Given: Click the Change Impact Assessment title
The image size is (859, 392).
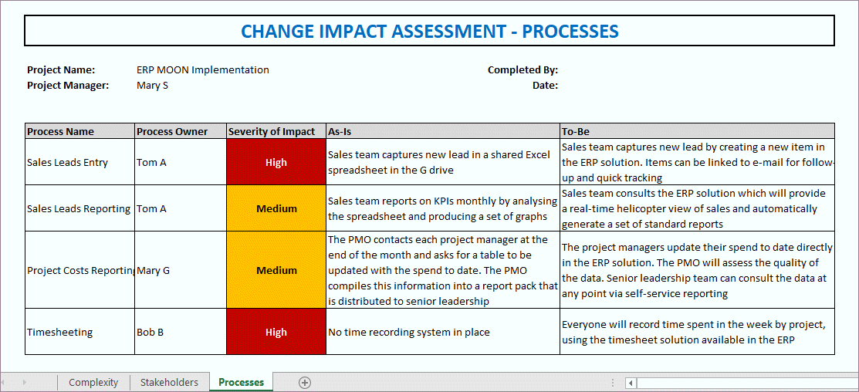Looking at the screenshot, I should pos(429,31).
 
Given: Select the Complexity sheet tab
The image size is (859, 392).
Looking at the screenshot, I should pos(93,382).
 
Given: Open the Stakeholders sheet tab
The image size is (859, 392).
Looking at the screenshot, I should pos(169,382).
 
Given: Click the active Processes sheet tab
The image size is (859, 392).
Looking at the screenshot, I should pos(241,382).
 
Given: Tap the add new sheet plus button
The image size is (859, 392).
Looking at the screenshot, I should pos(305,382).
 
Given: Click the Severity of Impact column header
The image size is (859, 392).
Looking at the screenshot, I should pos(272,131).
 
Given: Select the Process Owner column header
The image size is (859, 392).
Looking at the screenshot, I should pos(172,131).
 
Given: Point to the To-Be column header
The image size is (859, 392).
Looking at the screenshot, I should pos(576,131).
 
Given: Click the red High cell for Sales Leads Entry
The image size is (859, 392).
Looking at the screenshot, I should pos(276,163).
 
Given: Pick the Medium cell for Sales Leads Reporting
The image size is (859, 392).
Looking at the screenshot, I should pos(276,208).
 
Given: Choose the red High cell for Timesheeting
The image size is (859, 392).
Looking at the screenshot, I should pos(276,333).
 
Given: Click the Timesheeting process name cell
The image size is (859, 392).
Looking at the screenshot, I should pos(60,333).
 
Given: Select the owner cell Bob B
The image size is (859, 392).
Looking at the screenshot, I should pos(151,333).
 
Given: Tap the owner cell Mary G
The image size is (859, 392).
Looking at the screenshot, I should pos(154,271).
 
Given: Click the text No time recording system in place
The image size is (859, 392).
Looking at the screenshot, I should pos(409,333).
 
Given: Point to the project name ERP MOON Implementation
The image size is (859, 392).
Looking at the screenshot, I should pos(203,70).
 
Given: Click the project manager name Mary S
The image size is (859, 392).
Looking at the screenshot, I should pos(153,86).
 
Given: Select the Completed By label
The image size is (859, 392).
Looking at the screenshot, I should pos(523,70).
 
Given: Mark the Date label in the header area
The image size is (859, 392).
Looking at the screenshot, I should pos(545,86).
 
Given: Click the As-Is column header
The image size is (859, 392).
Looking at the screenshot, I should pos(340,131).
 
